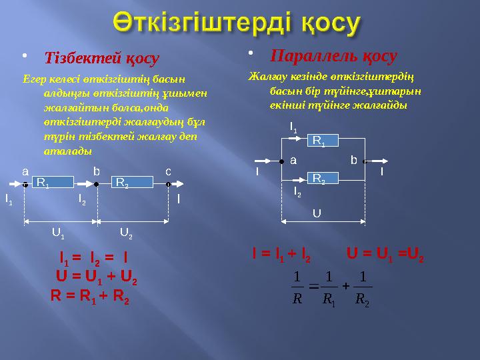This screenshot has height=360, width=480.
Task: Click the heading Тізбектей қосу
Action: pos(101,59)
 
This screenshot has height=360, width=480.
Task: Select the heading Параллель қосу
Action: pos(337,55)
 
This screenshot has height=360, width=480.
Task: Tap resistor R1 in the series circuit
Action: pos(52,182)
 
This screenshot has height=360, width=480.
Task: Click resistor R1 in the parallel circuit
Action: pos(325,141)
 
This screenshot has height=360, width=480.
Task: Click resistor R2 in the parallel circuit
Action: pos(325,179)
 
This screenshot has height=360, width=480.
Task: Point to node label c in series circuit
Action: pos(169,171)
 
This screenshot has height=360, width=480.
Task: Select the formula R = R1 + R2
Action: pos(90,297)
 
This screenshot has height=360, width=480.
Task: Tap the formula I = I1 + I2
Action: pos(281,254)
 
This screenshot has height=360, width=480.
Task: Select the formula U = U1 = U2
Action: pos(386,254)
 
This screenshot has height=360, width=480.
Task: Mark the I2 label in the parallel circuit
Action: pos(297,193)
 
